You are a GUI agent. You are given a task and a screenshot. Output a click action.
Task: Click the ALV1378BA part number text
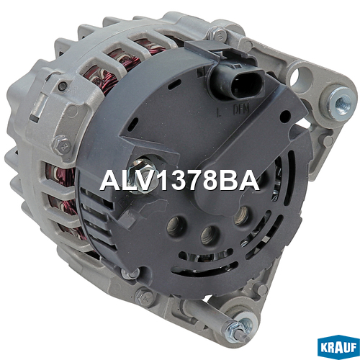[179, 181]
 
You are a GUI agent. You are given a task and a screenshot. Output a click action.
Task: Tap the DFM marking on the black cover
[241, 109]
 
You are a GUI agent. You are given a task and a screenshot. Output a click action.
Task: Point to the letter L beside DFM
[219, 112]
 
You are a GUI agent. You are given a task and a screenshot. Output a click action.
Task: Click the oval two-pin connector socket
[236, 82]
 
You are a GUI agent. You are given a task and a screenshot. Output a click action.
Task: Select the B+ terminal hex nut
[142, 171]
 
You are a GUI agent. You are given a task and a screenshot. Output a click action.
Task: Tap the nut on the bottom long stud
[235, 329]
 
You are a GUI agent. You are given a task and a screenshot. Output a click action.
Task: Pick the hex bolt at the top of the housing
[218, 34]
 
